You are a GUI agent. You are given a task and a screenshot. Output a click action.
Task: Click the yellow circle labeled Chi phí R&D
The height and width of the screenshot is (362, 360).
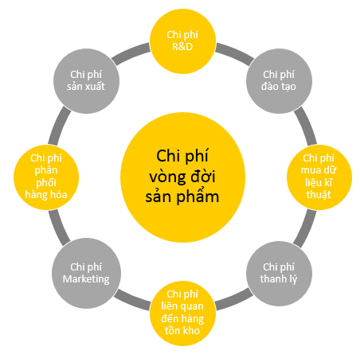[182, 41]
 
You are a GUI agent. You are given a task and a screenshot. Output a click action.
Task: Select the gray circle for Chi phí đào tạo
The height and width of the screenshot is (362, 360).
[279, 81]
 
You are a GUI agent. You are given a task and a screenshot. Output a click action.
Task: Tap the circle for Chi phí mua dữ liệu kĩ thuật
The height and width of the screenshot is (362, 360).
[319, 177]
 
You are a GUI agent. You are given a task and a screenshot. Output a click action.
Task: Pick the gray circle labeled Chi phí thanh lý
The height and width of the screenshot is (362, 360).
[279, 274]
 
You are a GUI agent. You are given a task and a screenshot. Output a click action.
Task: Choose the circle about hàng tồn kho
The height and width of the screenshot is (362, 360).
[182, 313]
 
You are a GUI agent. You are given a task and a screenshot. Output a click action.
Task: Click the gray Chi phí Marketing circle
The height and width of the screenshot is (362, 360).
[86, 274]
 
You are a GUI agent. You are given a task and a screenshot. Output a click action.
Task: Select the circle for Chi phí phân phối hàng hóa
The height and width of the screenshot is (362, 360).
[46, 177]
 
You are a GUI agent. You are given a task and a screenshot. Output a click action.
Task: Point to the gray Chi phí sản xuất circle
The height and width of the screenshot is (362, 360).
[86, 81]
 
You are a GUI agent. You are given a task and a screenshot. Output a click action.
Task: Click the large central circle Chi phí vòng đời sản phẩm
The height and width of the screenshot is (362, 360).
[182, 177]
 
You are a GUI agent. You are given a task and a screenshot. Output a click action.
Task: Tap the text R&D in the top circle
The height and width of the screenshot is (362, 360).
[182, 47]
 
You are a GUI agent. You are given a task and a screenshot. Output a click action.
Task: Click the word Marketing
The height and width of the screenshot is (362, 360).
[86, 279]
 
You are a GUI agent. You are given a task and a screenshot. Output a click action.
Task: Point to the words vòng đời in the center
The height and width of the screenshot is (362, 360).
[182, 177]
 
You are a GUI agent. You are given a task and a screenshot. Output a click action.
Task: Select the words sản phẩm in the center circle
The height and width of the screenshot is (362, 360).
[182, 196]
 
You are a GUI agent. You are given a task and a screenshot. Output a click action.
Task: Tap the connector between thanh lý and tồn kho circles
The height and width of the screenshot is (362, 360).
[234, 300]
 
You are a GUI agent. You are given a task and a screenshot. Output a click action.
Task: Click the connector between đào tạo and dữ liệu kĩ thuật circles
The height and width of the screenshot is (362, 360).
[306, 127]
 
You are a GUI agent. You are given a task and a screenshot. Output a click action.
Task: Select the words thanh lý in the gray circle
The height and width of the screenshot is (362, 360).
[279, 279]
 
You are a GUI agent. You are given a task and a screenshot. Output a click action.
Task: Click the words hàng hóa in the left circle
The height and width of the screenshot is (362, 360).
[46, 195]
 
